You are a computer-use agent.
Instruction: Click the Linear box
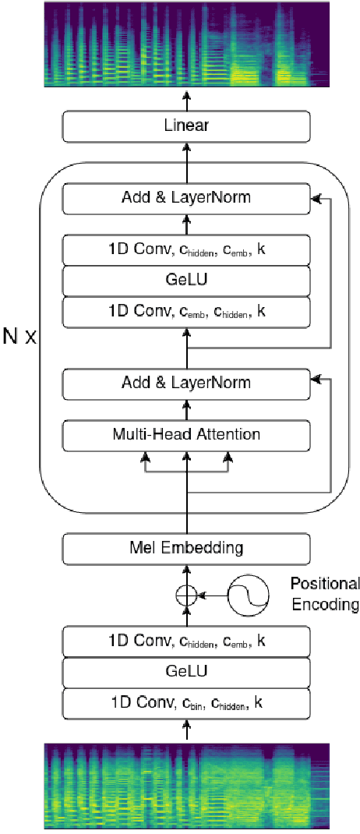186,126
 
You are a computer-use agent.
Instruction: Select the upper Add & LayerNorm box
186,198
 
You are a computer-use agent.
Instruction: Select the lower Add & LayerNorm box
186,383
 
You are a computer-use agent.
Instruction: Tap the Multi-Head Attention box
186,433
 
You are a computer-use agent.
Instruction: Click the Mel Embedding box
186,548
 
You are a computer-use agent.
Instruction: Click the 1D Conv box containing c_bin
186,702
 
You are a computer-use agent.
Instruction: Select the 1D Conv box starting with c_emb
186,312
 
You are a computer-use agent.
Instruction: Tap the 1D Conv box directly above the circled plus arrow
186,642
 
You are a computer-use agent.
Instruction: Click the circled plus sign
185,595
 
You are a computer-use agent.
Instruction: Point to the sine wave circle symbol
249,595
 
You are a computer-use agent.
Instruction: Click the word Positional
325,584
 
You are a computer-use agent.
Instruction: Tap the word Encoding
325,604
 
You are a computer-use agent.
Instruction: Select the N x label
19,340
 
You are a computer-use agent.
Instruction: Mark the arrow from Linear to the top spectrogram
186,100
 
